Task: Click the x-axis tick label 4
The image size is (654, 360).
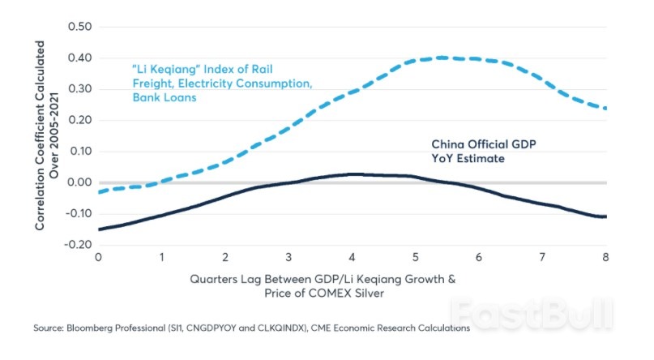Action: (x=352, y=257)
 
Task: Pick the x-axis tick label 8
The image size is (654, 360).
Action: (x=605, y=257)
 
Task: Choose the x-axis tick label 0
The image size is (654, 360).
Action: (x=98, y=257)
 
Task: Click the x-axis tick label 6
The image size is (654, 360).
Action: (x=479, y=257)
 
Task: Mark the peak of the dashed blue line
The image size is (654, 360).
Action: (x=442, y=58)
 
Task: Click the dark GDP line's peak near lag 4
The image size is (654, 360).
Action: (x=352, y=174)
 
